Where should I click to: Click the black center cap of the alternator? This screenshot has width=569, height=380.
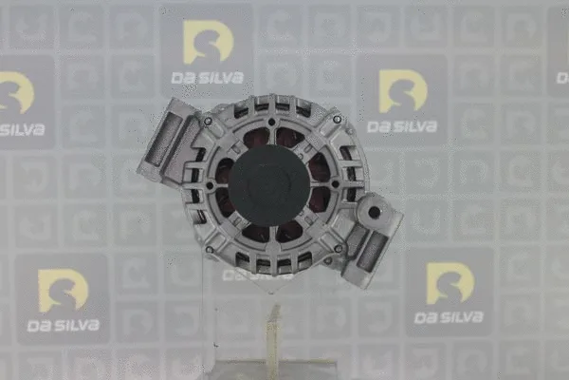coord(269,185)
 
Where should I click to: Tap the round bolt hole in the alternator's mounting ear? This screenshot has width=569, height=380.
coord(375,212)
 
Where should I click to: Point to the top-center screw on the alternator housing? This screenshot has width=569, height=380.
coord(271,122)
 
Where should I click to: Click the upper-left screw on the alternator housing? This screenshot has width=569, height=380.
coord(208,121)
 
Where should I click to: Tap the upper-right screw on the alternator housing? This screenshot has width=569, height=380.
coord(337,119)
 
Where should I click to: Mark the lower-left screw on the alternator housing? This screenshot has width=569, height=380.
coord(210,250)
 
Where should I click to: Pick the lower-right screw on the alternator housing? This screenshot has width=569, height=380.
coord(339,249)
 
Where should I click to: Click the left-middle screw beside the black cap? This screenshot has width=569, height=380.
coord(210,186)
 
